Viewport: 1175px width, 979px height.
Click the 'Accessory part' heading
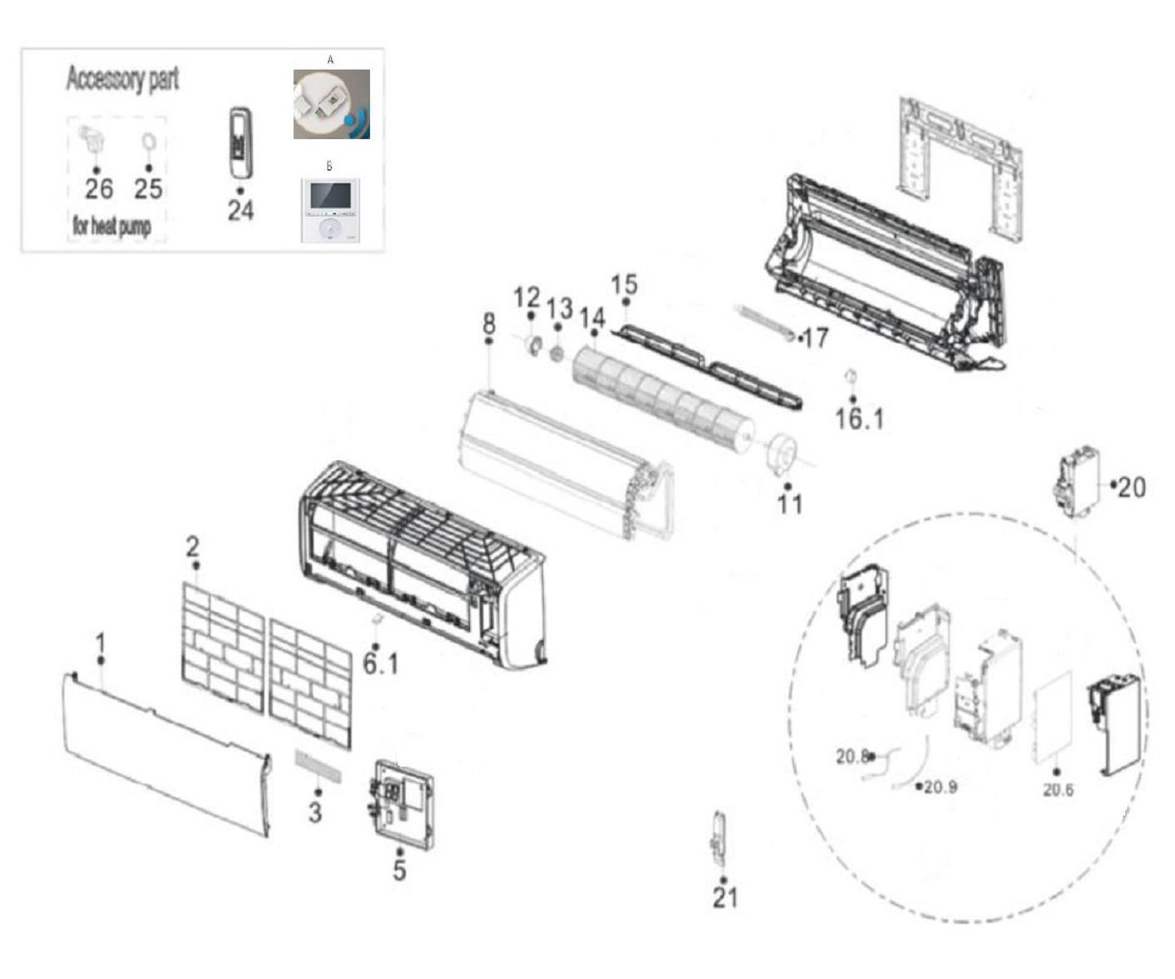pyautogui.click(x=122, y=78)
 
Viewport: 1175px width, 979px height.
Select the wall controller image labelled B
pyautogui.click(x=330, y=211)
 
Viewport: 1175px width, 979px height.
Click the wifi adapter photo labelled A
pyautogui.click(x=332, y=104)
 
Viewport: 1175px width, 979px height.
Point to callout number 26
pyautogui.click(x=99, y=188)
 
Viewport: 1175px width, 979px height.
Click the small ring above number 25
pyautogui.click(x=148, y=141)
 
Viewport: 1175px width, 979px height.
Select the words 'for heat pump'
pyautogui.click(x=112, y=226)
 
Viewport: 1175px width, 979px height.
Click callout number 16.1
pyautogui.click(x=859, y=419)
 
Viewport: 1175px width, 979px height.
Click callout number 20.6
pyautogui.click(x=1058, y=790)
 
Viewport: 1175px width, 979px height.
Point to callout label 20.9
pyautogui.click(x=940, y=787)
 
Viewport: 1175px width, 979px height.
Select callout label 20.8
pyautogui.click(x=852, y=757)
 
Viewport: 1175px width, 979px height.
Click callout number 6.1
pyautogui.click(x=381, y=664)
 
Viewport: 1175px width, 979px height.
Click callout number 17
pyautogui.click(x=815, y=338)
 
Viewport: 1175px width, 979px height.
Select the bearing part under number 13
pyautogui.click(x=557, y=354)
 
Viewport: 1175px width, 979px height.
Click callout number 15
pyautogui.click(x=624, y=285)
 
